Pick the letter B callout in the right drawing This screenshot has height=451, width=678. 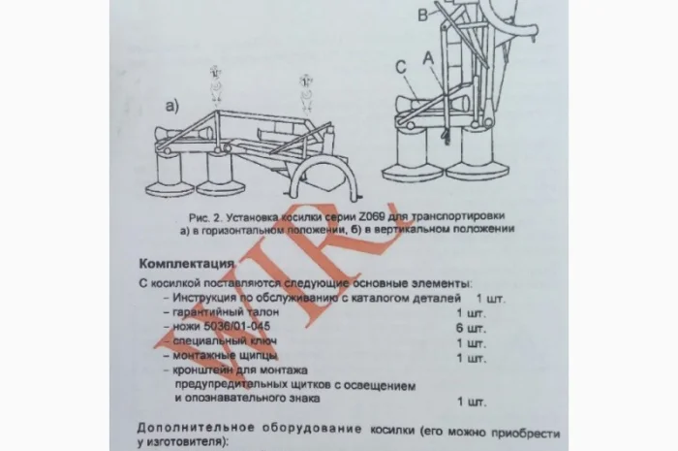click(x=422, y=15)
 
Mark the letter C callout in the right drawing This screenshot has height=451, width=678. click(x=399, y=67)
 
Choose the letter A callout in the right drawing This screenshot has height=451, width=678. click(x=426, y=58)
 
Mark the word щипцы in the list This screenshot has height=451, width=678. click(x=256, y=357)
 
